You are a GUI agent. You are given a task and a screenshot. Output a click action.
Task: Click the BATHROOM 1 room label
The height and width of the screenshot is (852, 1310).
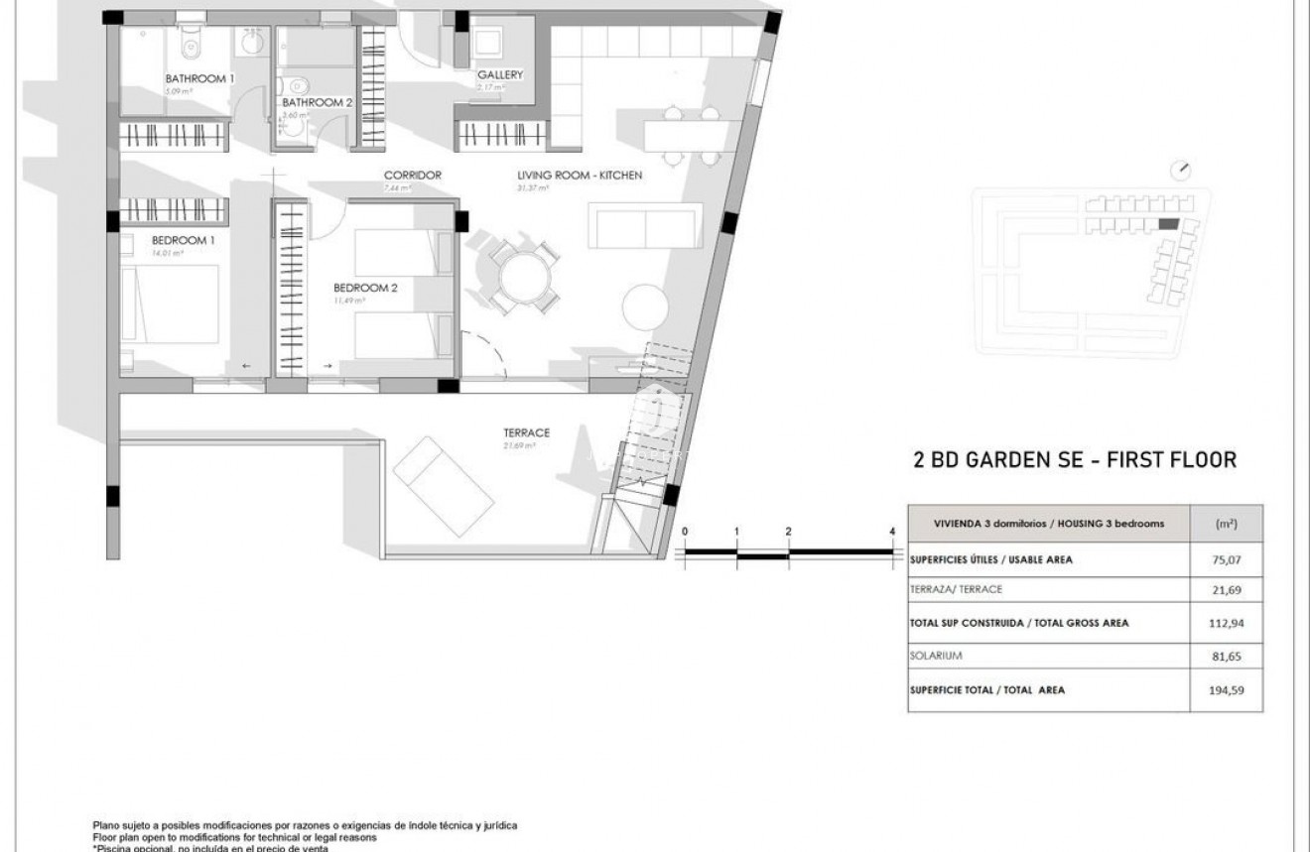(199, 78)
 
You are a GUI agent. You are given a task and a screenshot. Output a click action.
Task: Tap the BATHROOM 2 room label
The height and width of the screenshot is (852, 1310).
(318, 102)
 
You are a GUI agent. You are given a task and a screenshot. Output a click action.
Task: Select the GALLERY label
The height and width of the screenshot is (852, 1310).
(499, 75)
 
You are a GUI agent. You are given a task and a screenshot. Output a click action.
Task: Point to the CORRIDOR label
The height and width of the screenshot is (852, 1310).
(412, 176)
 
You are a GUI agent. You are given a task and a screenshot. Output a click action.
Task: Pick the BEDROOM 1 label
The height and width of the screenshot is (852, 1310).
(184, 240)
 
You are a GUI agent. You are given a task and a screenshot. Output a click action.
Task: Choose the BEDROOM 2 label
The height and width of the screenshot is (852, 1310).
(365, 289)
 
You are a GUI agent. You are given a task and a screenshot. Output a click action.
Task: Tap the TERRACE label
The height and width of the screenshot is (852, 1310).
(526, 432)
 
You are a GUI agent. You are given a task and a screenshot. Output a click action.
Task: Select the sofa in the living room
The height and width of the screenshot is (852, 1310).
(646, 225)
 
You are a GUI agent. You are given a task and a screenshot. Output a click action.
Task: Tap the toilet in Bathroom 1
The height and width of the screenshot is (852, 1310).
(191, 44)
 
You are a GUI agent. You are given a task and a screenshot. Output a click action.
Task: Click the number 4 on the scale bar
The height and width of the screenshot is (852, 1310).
(892, 532)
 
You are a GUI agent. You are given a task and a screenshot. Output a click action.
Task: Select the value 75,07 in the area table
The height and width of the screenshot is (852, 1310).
(1227, 559)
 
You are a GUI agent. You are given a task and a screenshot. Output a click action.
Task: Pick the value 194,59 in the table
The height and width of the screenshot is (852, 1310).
(1227, 690)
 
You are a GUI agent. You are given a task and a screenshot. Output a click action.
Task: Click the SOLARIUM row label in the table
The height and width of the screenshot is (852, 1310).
(936, 656)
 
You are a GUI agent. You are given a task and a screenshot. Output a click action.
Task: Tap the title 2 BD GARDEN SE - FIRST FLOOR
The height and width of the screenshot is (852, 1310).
(1074, 460)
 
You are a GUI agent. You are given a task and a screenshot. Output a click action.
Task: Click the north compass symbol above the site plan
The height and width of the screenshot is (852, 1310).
(1180, 171)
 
